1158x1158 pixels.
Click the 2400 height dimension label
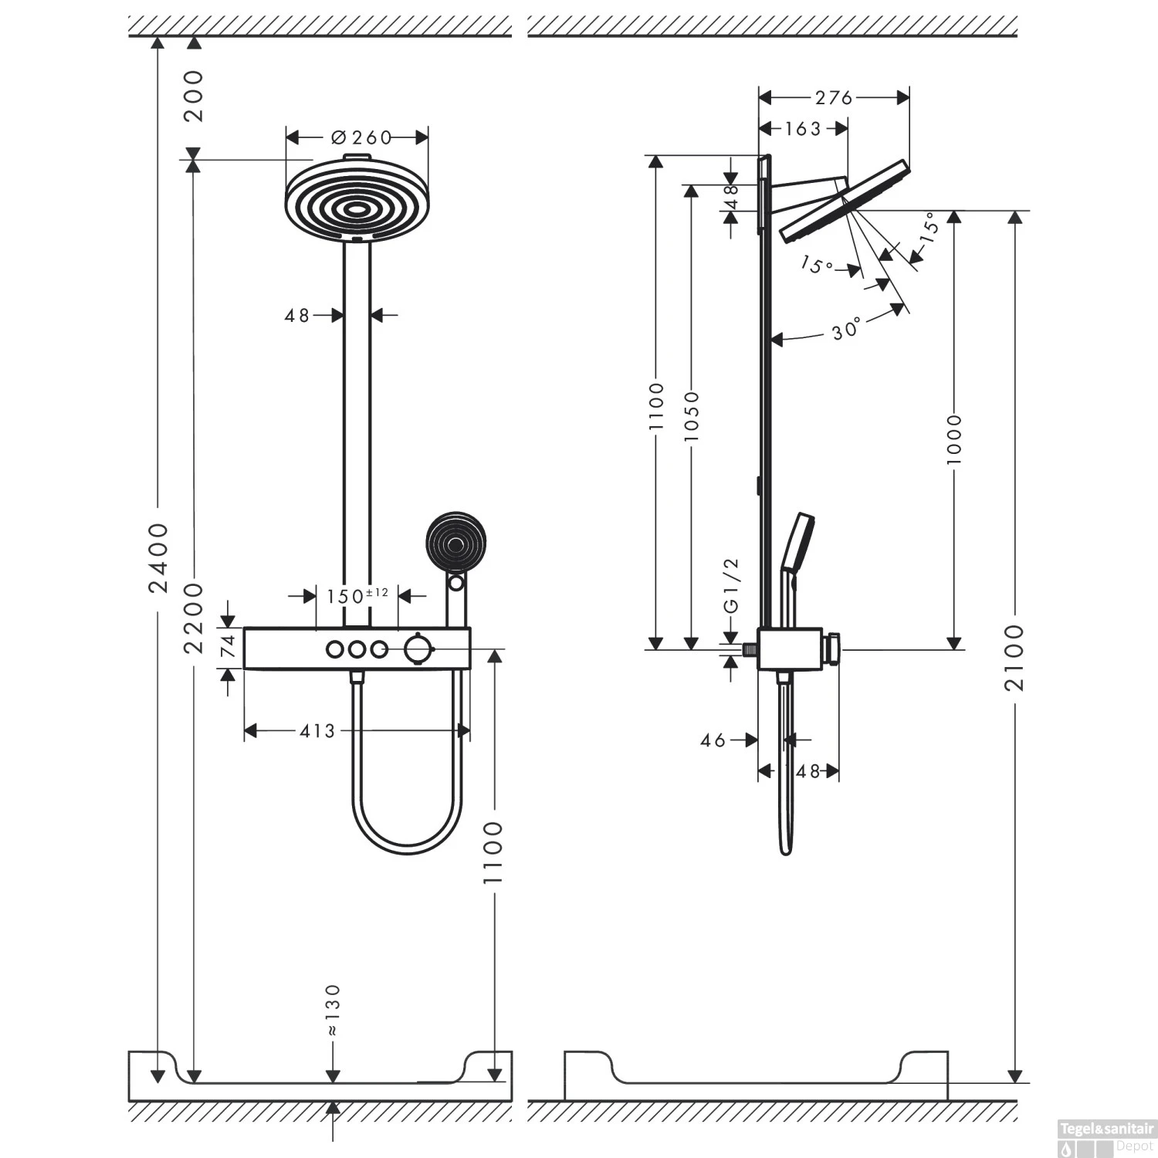(158, 557)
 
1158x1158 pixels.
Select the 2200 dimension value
(193, 618)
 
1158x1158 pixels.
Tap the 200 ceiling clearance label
(193, 96)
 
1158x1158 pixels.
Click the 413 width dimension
(317, 730)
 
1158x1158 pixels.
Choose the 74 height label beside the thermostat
(228, 646)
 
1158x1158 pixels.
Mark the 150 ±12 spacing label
(356, 596)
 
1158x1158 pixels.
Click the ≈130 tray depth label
(332, 1010)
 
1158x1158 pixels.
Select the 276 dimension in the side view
(834, 97)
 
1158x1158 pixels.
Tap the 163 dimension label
(803, 129)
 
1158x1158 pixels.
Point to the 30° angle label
(846, 330)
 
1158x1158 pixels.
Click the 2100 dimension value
(1015, 657)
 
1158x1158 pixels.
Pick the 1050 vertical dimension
(691, 417)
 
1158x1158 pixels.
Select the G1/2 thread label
(732, 585)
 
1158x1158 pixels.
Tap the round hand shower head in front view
(456, 540)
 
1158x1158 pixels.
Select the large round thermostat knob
(417, 649)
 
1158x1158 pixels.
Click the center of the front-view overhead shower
(357, 207)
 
